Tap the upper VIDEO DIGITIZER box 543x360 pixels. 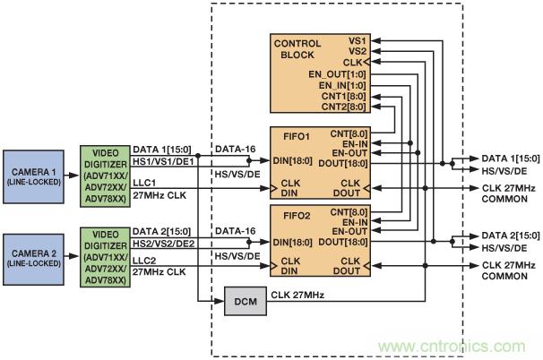104,174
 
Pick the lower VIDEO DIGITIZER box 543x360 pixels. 104,252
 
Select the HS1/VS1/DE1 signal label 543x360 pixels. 165,160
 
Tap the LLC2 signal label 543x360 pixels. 145,257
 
